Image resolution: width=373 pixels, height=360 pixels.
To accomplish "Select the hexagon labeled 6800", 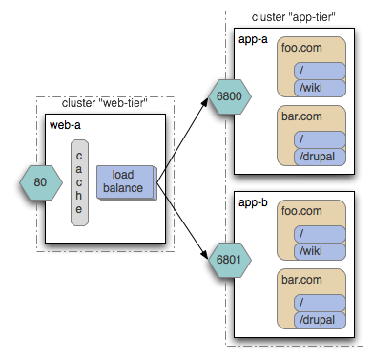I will pos(227,95).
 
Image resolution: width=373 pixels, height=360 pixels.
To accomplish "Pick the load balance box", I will pos(124,181).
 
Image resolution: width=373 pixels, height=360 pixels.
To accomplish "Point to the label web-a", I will pos(64,125).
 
